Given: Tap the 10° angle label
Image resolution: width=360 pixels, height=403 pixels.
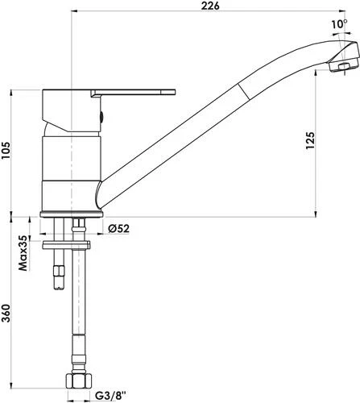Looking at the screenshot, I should point(336,24).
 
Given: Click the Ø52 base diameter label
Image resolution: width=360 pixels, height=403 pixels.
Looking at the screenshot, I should point(119,229).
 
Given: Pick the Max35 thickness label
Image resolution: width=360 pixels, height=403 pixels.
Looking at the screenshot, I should point(24,251).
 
